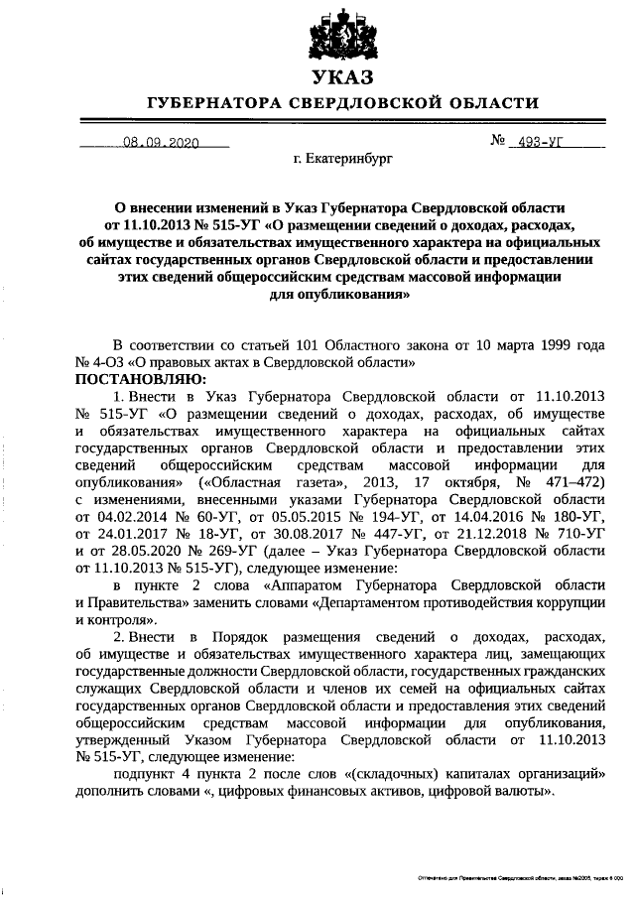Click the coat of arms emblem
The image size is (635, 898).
342,35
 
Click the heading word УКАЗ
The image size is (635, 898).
342,78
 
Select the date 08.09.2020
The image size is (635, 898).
158,143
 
